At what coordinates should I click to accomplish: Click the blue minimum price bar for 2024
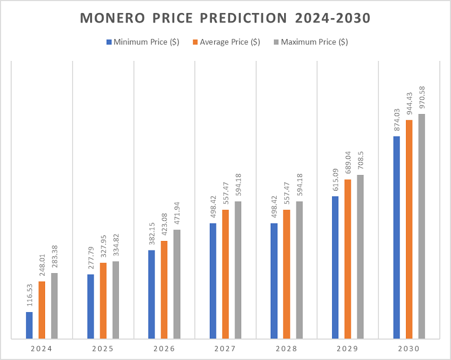(x=29, y=326)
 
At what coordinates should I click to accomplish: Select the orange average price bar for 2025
(x=103, y=301)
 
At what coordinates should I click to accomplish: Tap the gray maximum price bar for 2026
(x=177, y=284)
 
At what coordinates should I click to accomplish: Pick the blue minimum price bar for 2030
(x=397, y=238)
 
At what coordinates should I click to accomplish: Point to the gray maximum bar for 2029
(x=360, y=257)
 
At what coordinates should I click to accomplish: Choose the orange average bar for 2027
(x=225, y=274)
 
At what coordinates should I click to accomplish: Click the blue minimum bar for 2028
(x=274, y=281)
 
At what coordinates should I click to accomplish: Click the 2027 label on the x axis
(x=225, y=349)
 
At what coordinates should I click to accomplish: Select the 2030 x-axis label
(x=409, y=349)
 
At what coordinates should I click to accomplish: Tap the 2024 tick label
(x=42, y=349)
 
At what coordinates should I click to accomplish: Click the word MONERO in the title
(x=109, y=18)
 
